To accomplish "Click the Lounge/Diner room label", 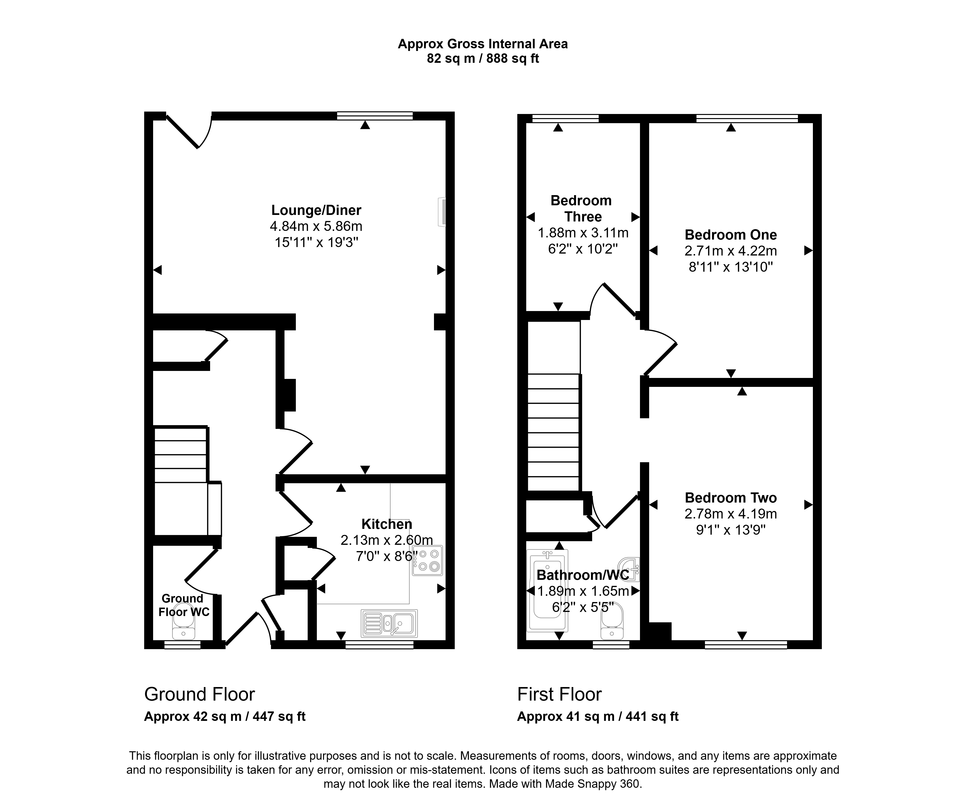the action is (316, 210).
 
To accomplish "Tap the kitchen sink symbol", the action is (389, 623).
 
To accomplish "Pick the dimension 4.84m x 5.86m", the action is (316, 226).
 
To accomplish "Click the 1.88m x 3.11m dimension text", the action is (583, 233).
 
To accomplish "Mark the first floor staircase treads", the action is (553, 432).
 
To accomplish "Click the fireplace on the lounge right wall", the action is (442, 212).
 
